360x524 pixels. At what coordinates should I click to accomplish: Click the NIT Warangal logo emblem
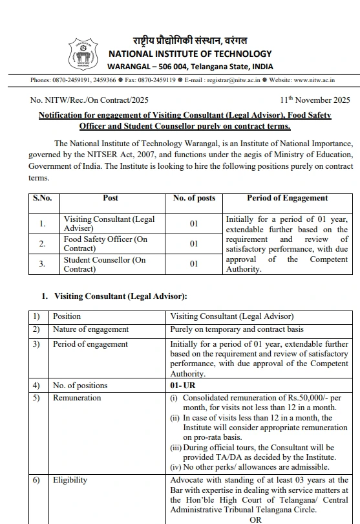(83, 54)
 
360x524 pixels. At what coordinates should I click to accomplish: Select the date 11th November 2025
(315, 100)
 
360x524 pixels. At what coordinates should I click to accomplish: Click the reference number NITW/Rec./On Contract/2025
(89, 100)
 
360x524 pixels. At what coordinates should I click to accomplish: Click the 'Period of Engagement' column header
(287, 199)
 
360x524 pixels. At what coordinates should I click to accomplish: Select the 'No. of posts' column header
(194, 199)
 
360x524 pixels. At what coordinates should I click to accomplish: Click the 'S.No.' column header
(43, 199)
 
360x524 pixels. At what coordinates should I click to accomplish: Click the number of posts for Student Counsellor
(194, 265)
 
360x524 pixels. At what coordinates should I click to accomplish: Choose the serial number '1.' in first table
(43, 224)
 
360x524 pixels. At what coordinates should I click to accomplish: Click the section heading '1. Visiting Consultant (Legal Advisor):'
(114, 296)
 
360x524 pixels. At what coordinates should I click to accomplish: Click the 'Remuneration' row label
(77, 398)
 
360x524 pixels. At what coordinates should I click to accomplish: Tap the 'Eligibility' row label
(70, 481)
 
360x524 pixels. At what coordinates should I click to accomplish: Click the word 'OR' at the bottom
(255, 519)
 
